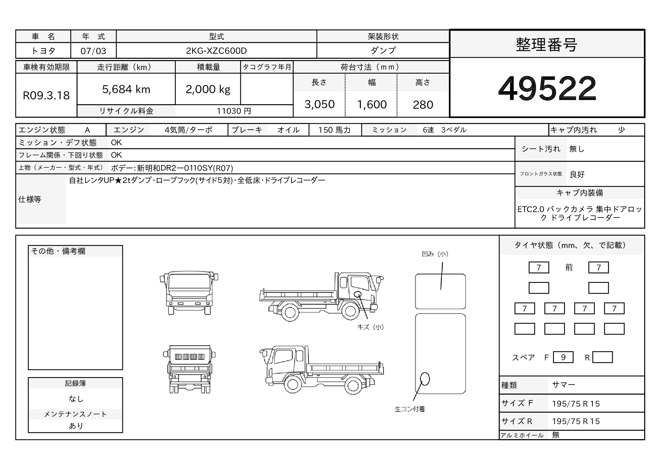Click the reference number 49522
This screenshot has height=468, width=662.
tap(547, 88)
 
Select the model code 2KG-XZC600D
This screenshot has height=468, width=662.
tap(216, 51)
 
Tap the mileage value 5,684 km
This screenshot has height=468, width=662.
tap(126, 89)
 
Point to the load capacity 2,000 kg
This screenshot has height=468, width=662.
tap(208, 89)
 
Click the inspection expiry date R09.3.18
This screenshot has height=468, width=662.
tap(46, 95)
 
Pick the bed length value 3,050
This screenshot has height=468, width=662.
tap(320, 104)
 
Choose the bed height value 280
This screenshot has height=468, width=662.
tap(423, 105)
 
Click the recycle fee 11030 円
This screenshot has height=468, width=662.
tap(234, 111)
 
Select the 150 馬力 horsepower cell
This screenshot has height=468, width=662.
tap(335, 130)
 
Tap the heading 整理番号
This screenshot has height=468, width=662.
tap(547, 45)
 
